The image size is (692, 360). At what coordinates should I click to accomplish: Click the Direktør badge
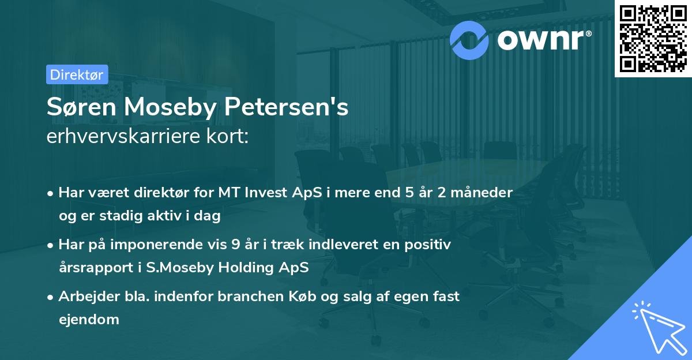click(77, 74)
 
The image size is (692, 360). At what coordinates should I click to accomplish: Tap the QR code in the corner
click(653, 37)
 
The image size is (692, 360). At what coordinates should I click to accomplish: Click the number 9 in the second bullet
click(235, 245)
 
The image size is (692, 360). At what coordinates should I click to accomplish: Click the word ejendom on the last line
click(89, 319)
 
